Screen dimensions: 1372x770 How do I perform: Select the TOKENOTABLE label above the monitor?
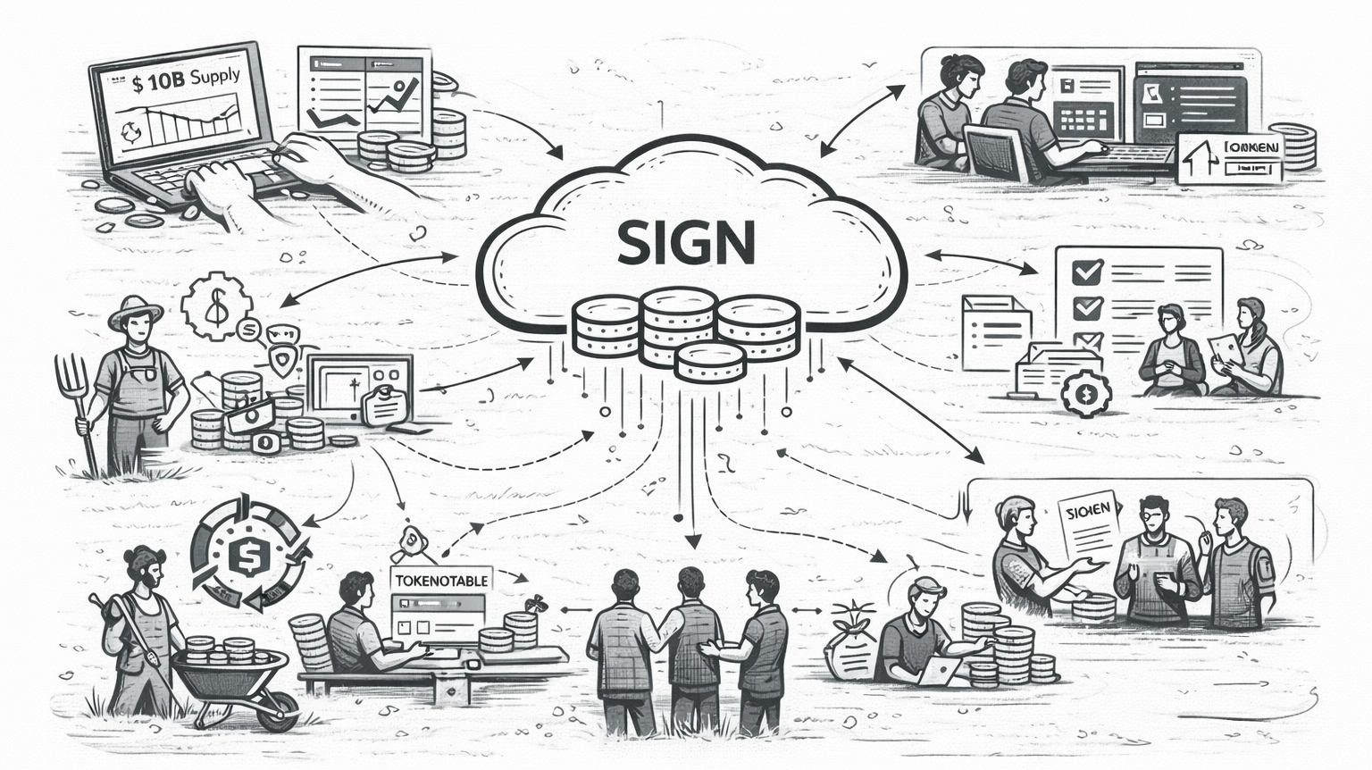pos(440,580)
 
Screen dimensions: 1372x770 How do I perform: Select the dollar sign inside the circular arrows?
pos(243,556)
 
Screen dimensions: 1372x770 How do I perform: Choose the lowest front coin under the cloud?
pos(710,363)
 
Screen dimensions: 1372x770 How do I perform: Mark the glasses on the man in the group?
pos(1149,515)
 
